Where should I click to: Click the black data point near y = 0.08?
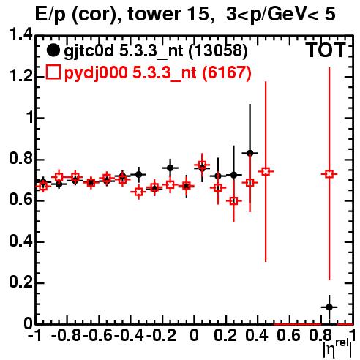tap(329, 307)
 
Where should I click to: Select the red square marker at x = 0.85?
tap(329, 174)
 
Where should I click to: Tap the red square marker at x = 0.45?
tap(266, 171)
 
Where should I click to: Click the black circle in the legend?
tap(53, 50)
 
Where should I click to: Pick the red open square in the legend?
tap(53, 72)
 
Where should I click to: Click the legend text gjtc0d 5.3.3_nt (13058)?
tap(156, 51)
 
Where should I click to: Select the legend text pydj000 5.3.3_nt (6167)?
tap(157, 73)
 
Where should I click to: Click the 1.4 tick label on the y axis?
tap(20, 34)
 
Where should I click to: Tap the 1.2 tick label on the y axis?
tap(20, 76)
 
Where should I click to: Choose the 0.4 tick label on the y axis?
tap(20, 241)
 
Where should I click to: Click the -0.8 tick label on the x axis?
tap(67, 335)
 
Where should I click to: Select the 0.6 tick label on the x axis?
tap(289, 335)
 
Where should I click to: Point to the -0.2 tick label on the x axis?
tap(161, 335)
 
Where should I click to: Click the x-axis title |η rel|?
tap(338, 348)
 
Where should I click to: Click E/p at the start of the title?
tap(50, 15)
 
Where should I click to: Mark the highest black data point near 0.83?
tap(250, 153)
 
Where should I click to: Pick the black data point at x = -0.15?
tap(170, 168)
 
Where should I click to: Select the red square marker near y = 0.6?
tap(233, 201)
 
